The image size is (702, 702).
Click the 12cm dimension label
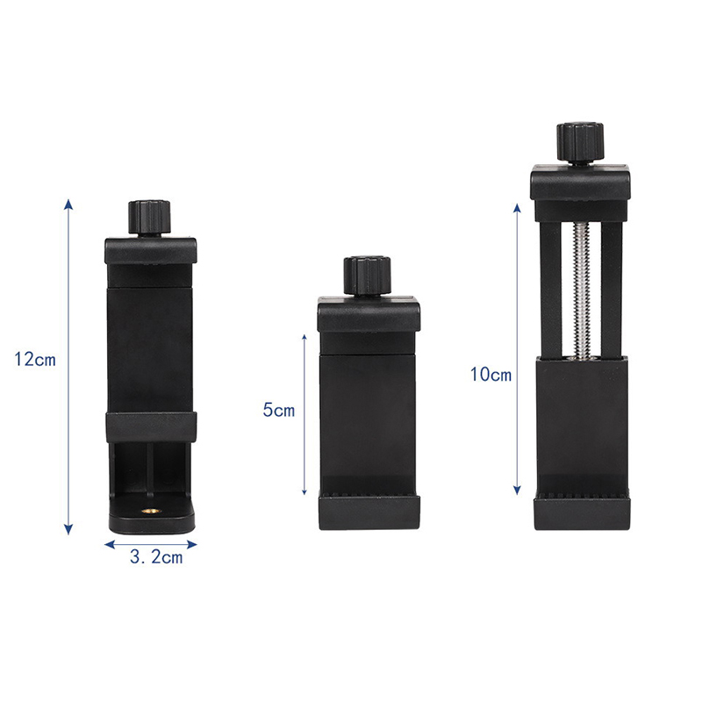[35, 360]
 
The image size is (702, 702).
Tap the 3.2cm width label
[156, 557]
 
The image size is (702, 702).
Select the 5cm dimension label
[279, 410]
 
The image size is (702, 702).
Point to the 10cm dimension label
[491, 375]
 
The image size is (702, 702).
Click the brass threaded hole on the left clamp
[147, 511]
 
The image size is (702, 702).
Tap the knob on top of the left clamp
[149, 217]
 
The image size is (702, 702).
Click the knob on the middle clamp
[368, 276]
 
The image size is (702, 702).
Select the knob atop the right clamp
[580, 142]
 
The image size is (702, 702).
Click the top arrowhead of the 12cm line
[68, 204]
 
